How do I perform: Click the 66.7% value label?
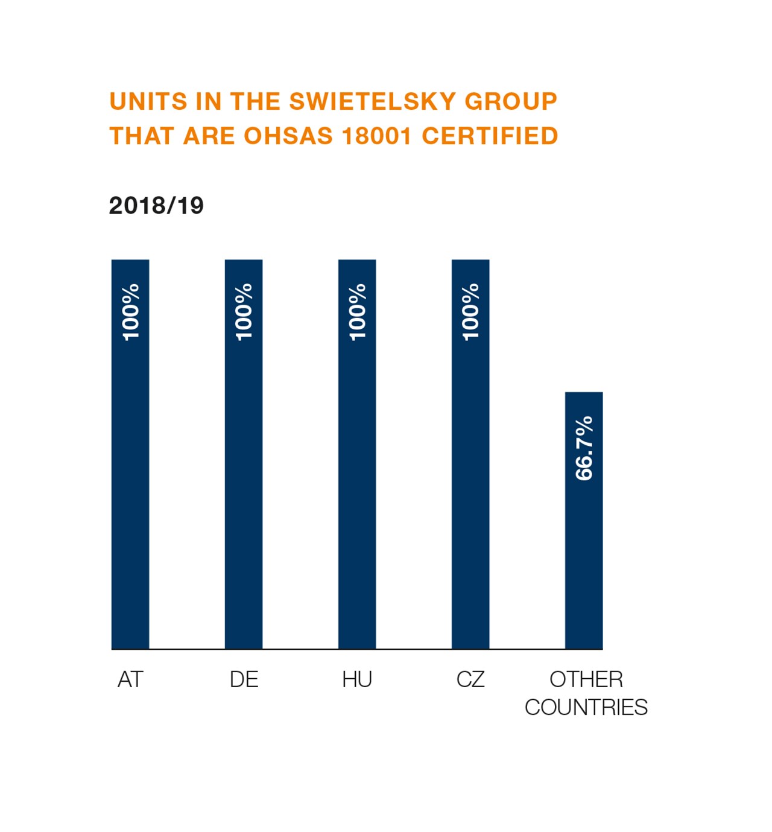tap(584, 448)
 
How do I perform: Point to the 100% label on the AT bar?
tap(131, 312)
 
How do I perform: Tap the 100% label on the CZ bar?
tap(470, 312)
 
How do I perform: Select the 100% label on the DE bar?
tap(244, 312)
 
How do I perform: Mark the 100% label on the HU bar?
tap(358, 312)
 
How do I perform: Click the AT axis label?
tap(130, 679)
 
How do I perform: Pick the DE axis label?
tap(244, 679)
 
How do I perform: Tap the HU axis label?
tap(357, 679)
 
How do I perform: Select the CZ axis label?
tap(470, 679)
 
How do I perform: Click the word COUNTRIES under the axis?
tap(586, 707)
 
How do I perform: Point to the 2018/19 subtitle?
tap(156, 206)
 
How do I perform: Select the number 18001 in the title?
tap(377, 136)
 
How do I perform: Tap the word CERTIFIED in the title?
tap(490, 136)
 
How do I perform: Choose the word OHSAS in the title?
tap(288, 136)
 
